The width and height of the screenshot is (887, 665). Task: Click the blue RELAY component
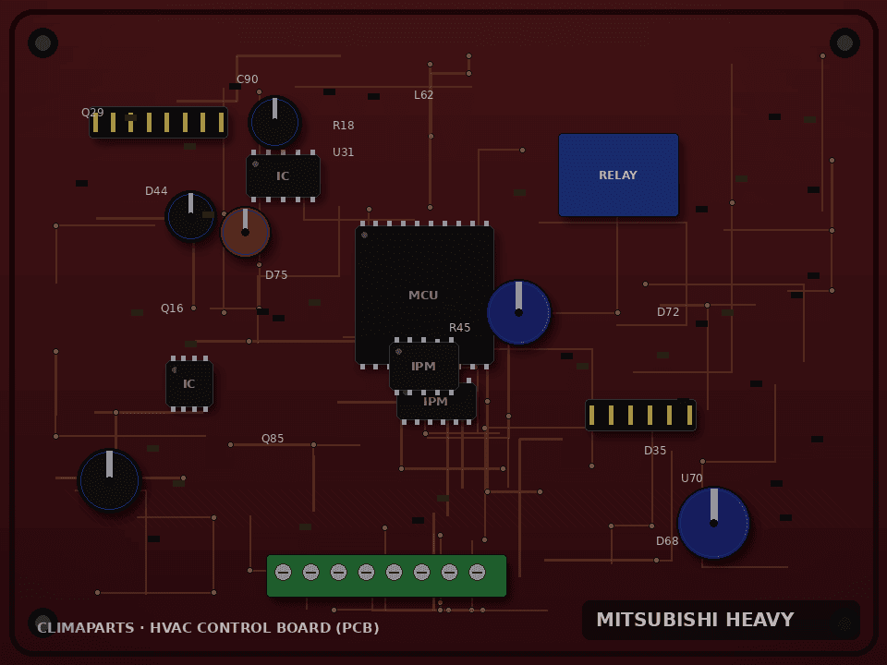[x=618, y=175]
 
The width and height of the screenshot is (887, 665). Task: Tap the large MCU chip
[x=424, y=295]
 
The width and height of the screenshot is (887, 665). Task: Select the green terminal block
[x=386, y=575]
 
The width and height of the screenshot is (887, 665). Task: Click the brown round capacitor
[x=245, y=232]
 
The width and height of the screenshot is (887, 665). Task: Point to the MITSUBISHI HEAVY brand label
[x=695, y=620]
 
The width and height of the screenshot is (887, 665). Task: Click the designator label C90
[x=248, y=79]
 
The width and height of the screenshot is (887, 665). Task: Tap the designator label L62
[x=424, y=95]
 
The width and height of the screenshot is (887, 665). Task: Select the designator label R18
[x=344, y=126]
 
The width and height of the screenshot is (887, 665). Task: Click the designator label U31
[x=344, y=152]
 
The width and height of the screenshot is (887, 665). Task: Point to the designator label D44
[x=156, y=191]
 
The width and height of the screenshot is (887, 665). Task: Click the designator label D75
[x=276, y=275]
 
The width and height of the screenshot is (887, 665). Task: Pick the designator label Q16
[x=172, y=308]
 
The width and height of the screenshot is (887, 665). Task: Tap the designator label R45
[x=459, y=328]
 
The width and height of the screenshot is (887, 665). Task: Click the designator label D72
[x=668, y=312]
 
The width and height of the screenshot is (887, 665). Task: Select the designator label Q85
[x=273, y=439]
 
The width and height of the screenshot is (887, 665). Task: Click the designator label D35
[x=655, y=451]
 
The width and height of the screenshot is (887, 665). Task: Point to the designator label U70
[x=692, y=478]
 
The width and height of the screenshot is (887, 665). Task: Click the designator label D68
[x=667, y=541]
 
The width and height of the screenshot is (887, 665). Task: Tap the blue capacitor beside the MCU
[x=518, y=312]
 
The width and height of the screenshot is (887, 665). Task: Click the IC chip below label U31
[x=283, y=175]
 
